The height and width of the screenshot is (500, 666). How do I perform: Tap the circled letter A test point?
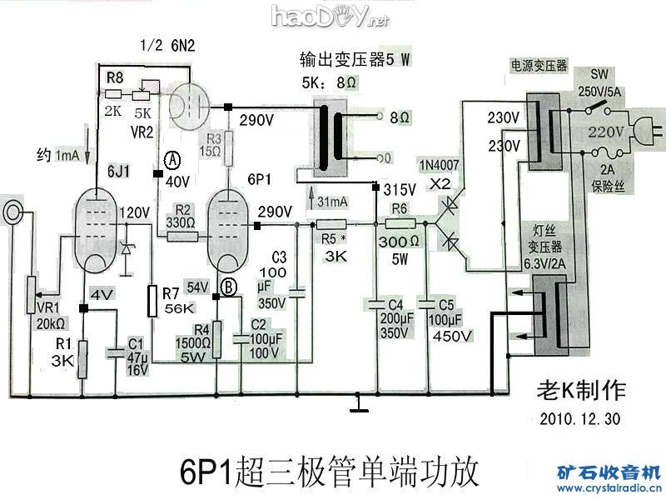point(173,158)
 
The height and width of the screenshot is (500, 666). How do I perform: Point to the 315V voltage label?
point(400,189)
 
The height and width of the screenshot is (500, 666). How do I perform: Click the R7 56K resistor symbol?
point(152,301)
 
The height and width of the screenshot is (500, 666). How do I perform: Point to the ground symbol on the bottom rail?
point(359,405)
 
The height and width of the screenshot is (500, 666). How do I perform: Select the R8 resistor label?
point(115,77)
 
